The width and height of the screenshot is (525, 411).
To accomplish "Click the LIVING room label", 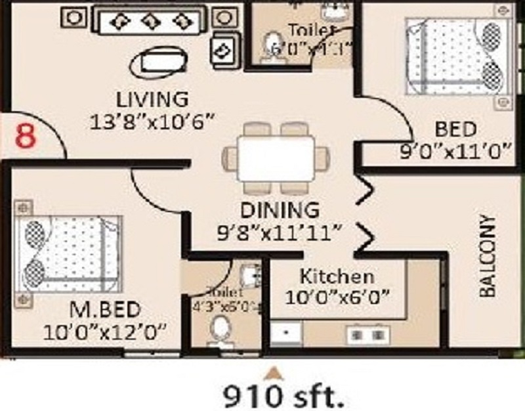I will point(152,100).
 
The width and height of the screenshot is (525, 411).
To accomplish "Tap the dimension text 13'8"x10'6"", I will point(153,121).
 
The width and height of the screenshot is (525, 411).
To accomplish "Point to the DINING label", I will point(280,211).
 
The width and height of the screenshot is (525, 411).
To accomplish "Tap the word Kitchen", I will point(337,276).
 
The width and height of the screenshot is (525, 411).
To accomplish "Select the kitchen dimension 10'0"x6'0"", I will point(338,297).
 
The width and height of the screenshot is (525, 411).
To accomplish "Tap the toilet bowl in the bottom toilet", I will point(219,328).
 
